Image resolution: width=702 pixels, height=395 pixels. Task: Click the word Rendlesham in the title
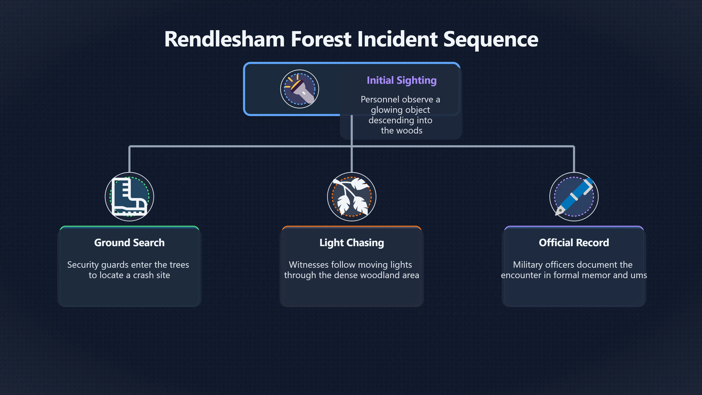pyautogui.click(x=224, y=39)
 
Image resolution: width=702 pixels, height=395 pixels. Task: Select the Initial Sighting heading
pyautogui.click(x=401, y=80)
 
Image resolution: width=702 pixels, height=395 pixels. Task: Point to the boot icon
pyautogui.click(x=129, y=197)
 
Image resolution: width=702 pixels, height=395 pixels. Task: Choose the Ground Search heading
pyautogui.click(x=129, y=243)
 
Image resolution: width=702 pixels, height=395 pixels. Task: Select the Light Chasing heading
pyautogui.click(x=352, y=243)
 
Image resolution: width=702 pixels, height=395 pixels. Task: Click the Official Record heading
pyautogui.click(x=574, y=243)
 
